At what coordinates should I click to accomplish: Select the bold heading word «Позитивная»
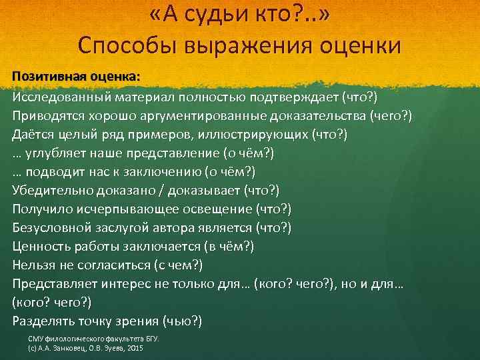[45, 76]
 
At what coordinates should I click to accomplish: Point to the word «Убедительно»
[51, 191]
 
